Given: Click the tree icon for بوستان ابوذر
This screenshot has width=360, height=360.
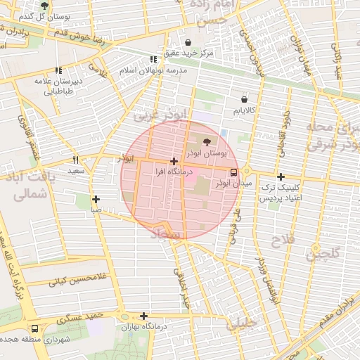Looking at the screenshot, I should coord(196,142).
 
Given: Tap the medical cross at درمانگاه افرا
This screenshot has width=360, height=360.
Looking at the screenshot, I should coord(174,162).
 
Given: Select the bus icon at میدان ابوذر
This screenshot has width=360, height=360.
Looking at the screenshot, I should coord(233,172).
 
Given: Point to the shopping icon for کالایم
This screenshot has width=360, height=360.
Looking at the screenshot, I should coord(244,100).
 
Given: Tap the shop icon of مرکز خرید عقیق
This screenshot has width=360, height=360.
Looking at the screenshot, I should coord(187,41).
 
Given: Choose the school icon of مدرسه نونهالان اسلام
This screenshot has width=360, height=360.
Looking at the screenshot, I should coord(153,60).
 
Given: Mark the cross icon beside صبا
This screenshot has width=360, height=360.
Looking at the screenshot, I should coord(96,199).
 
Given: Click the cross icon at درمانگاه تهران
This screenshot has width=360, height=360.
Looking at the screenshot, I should coord(143,316).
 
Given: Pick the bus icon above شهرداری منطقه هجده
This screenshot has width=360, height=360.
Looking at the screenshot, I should coord(35,328).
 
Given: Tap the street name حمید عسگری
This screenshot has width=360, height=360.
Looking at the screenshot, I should coord(80,318).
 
